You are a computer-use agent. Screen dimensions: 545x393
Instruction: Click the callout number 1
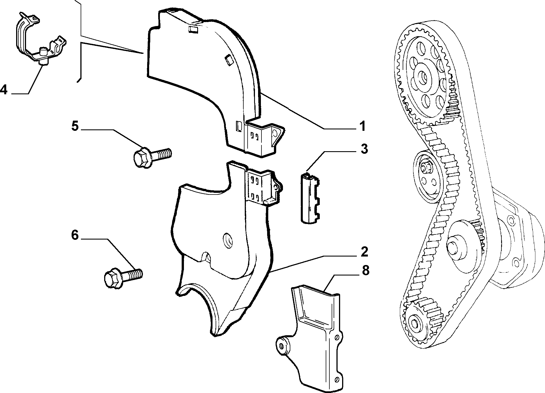click(x=362, y=126)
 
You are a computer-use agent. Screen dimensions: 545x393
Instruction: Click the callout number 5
click(x=75, y=126)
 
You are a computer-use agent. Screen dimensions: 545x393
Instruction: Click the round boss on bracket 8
click(x=282, y=345)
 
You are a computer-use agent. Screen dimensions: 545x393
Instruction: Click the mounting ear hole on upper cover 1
click(x=274, y=133)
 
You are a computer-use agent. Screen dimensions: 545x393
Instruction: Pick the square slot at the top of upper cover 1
click(x=193, y=29)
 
